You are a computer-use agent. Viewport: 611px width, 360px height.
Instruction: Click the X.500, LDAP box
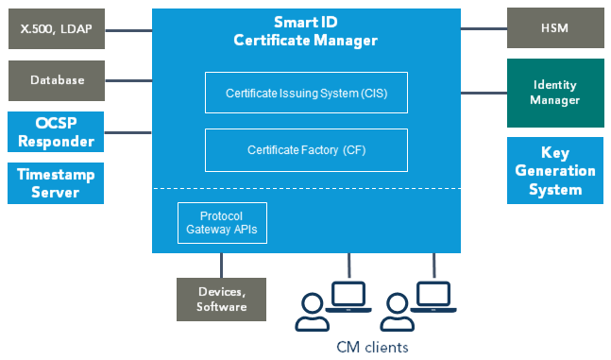pyautogui.click(x=57, y=29)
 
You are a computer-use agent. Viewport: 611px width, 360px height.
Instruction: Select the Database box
pyautogui.click(x=57, y=80)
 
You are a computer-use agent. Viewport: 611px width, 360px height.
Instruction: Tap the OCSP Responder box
pyautogui.click(x=56, y=132)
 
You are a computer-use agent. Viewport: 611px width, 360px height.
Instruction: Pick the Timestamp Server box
pyautogui.click(x=56, y=183)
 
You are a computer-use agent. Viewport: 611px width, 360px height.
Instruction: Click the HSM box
pyautogui.click(x=555, y=28)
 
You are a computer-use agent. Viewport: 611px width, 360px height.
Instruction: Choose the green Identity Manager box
pyautogui.click(x=555, y=93)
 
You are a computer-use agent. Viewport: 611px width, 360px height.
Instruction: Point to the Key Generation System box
pyautogui.click(x=555, y=170)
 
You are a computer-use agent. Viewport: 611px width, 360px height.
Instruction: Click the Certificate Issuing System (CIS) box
pyautogui.click(x=306, y=93)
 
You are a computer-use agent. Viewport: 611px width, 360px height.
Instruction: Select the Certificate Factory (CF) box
pyautogui.click(x=306, y=150)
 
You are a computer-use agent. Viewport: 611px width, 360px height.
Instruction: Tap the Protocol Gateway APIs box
pyautogui.click(x=222, y=223)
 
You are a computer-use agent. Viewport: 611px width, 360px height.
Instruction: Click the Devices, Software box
pyautogui.click(x=221, y=300)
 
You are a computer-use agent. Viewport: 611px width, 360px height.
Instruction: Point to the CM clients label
pyautogui.click(x=372, y=347)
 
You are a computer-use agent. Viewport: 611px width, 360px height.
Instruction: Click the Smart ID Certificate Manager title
pyautogui.click(x=306, y=31)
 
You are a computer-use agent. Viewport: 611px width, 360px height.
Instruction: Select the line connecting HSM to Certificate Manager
pyautogui.click(x=484, y=28)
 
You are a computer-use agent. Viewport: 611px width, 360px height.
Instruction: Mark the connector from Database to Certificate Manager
pyautogui.click(x=128, y=80)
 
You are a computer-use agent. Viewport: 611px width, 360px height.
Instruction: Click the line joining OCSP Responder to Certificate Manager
pyautogui.click(x=127, y=132)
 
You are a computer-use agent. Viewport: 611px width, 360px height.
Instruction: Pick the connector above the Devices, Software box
pyautogui.click(x=221, y=266)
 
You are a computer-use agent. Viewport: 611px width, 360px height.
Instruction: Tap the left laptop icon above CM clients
pyautogui.click(x=348, y=297)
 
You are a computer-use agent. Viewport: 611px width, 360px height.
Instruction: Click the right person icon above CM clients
pyautogui.click(x=398, y=312)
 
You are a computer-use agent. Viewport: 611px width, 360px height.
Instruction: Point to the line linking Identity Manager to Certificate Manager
pyautogui.click(x=484, y=93)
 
